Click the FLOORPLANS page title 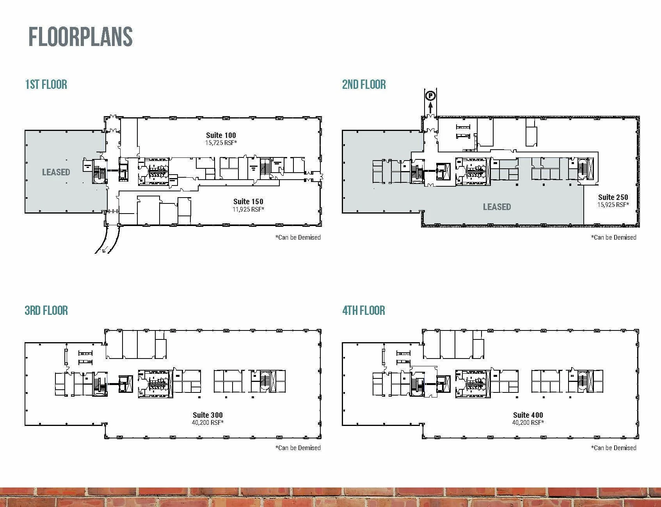point(81,37)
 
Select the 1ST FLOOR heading point(46,84)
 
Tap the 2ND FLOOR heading point(364,84)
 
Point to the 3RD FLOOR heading point(46,310)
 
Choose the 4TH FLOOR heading point(364,310)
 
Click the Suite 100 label point(221,135)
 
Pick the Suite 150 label point(248,201)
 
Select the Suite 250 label point(613,197)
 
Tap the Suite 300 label point(208,415)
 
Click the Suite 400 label point(528,415)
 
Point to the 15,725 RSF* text point(221,143)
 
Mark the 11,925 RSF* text point(249,209)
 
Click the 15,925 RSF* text point(613,205)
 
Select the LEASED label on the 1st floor point(56,172)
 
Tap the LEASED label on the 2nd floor point(497,207)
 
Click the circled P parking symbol point(430,95)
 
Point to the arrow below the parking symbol point(430,108)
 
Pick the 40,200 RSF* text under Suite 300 point(208,422)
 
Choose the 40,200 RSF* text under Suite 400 point(528,422)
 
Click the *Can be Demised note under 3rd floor point(298,448)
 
